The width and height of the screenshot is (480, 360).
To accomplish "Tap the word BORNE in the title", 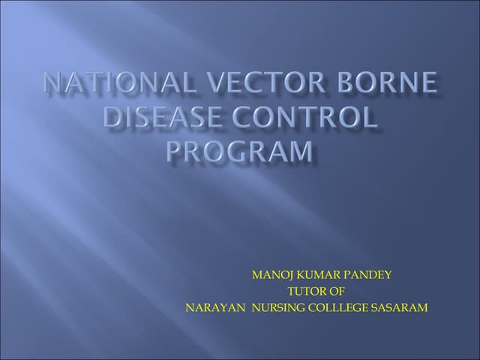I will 390,83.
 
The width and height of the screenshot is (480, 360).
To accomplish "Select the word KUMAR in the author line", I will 315,274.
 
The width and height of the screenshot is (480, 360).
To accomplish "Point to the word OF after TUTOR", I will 337,291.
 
